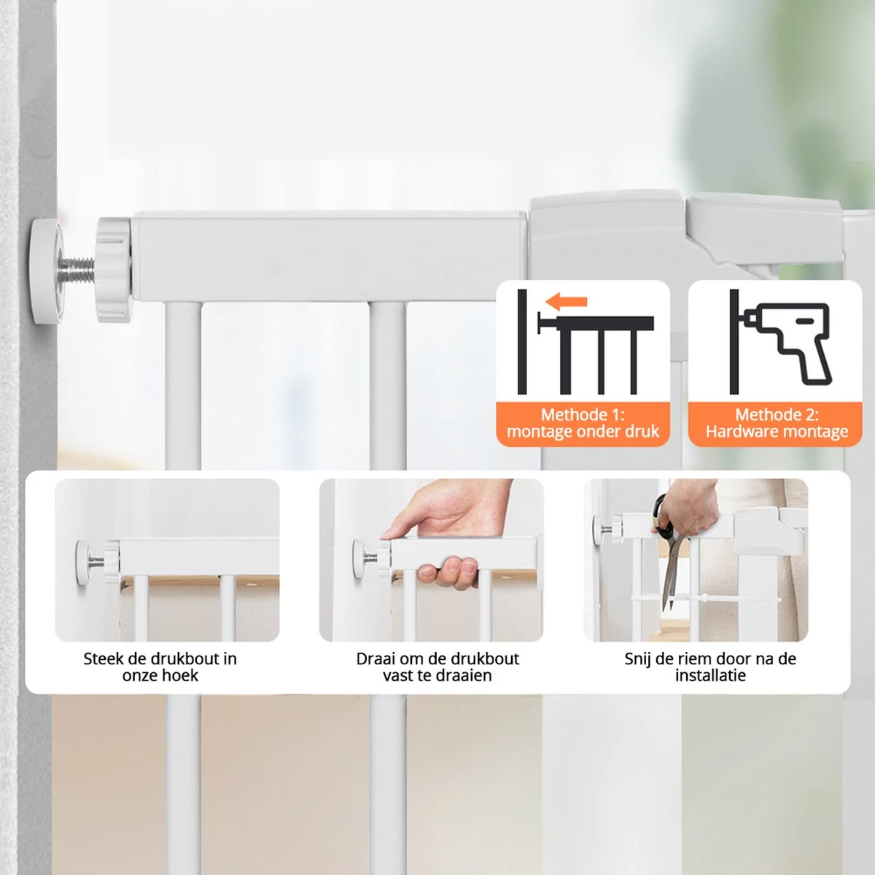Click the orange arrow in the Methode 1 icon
(x=566, y=301)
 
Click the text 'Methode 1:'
(x=583, y=415)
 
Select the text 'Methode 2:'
(x=777, y=415)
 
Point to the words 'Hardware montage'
(x=777, y=432)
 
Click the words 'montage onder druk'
(x=583, y=432)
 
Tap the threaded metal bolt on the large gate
(x=77, y=270)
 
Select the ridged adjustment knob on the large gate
(x=114, y=270)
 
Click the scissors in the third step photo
(x=664, y=551)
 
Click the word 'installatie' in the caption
(x=710, y=676)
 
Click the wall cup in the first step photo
(x=83, y=562)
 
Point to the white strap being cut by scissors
(x=704, y=599)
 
